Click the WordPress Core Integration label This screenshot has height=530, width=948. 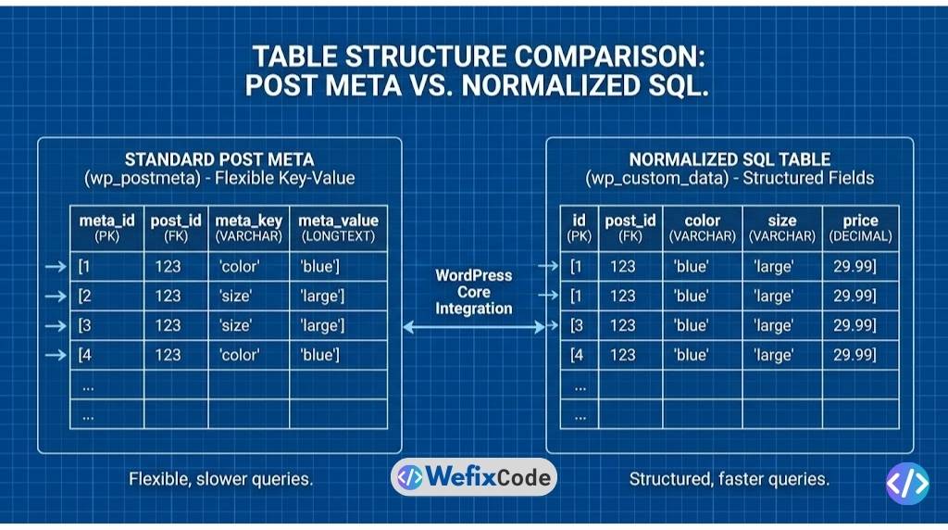pyautogui.click(x=473, y=292)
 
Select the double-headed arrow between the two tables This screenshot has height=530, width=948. pyautogui.click(x=473, y=327)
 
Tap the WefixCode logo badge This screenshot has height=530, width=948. pyautogui.click(x=473, y=477)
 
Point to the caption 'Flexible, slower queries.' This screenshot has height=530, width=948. pyautogui.click(x=220, y=479)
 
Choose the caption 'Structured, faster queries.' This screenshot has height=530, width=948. pyautogui.click(x=729, y=479)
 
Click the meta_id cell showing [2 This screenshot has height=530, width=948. pyautogui.click(x=86, y=296)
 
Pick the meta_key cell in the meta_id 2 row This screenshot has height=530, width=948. pyautogui.click(x=236, y=296)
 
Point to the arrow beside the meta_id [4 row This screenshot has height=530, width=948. pyautogui.click(x=56, y=355)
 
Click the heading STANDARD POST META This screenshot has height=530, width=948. pyautogui.click(x=219, y=159)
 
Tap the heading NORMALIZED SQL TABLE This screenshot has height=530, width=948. pyautogui.click(x=730, y=159)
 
